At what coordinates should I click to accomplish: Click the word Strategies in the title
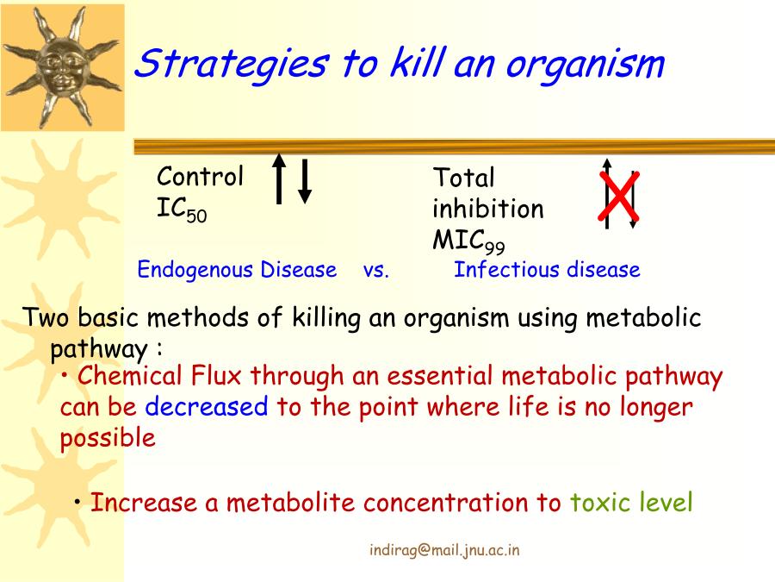click(x=231, y=64)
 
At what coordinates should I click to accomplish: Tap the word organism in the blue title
click(x=586, y=65)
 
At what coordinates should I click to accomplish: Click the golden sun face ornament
click(x=62, y=66)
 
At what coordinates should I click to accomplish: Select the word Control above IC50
click(x=200, y=177)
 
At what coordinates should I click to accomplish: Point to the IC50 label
click(x=182, y=210)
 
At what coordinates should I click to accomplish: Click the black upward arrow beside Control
click(x=279, y=178)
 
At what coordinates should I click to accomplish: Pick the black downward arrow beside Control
click(x=305, y=181)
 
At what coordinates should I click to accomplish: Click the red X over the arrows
click(x=619, y=196)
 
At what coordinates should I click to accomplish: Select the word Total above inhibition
click(x=463, y=178)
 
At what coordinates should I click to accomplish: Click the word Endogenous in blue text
click(x=195, y=271)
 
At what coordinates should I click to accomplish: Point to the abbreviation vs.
click(x=376, y=271)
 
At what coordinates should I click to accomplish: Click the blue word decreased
click(x=207, y=407)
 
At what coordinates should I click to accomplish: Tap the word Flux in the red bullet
click(x=216, y=376)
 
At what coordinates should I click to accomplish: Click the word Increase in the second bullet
click(x=144, y=503)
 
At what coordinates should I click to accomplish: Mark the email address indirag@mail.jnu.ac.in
click(x=444, y=550)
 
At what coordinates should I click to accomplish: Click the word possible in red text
click(x=108, y=439)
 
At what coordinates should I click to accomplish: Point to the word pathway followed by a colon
click(x=99, y=350)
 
